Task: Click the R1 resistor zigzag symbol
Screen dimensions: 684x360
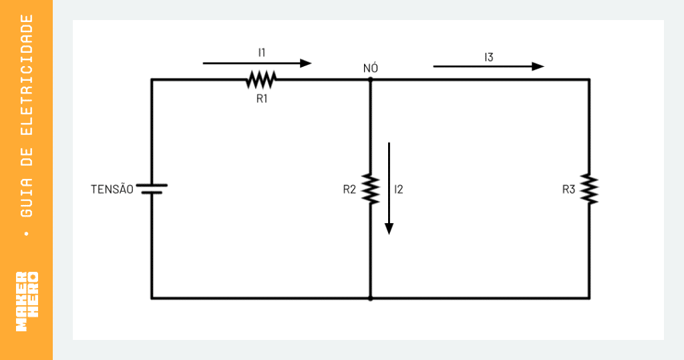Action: click(261, 79)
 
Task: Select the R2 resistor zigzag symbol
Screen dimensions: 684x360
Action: click(370, 189)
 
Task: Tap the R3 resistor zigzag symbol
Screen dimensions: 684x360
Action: click(589, 189)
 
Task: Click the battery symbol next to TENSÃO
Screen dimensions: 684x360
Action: click(152, 189)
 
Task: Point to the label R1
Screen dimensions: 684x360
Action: click(262, 99)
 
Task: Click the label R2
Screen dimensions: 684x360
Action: click(349, 190)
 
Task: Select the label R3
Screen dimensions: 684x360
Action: click(568, 190)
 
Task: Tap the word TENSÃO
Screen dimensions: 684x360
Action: click(112, 189)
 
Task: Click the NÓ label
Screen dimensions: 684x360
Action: click(370, 68)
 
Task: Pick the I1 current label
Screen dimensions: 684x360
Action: click(262, 53)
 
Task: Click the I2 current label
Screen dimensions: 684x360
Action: click(399, 190)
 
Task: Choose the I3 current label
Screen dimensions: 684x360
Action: click(488, 57)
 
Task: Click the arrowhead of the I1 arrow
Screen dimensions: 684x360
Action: click(306, 63)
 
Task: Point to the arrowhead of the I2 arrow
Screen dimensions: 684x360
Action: click(389, 229)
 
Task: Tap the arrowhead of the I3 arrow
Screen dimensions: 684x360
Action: click(539, 66)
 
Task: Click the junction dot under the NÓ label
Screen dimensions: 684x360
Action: click(370, 79)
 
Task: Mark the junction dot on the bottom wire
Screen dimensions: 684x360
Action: click(370, 299)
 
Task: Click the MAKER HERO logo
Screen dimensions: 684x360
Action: click(27, 301)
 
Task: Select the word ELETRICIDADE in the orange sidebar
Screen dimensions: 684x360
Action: click(27, 75)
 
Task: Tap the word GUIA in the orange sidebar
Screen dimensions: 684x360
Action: click(27, 198)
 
